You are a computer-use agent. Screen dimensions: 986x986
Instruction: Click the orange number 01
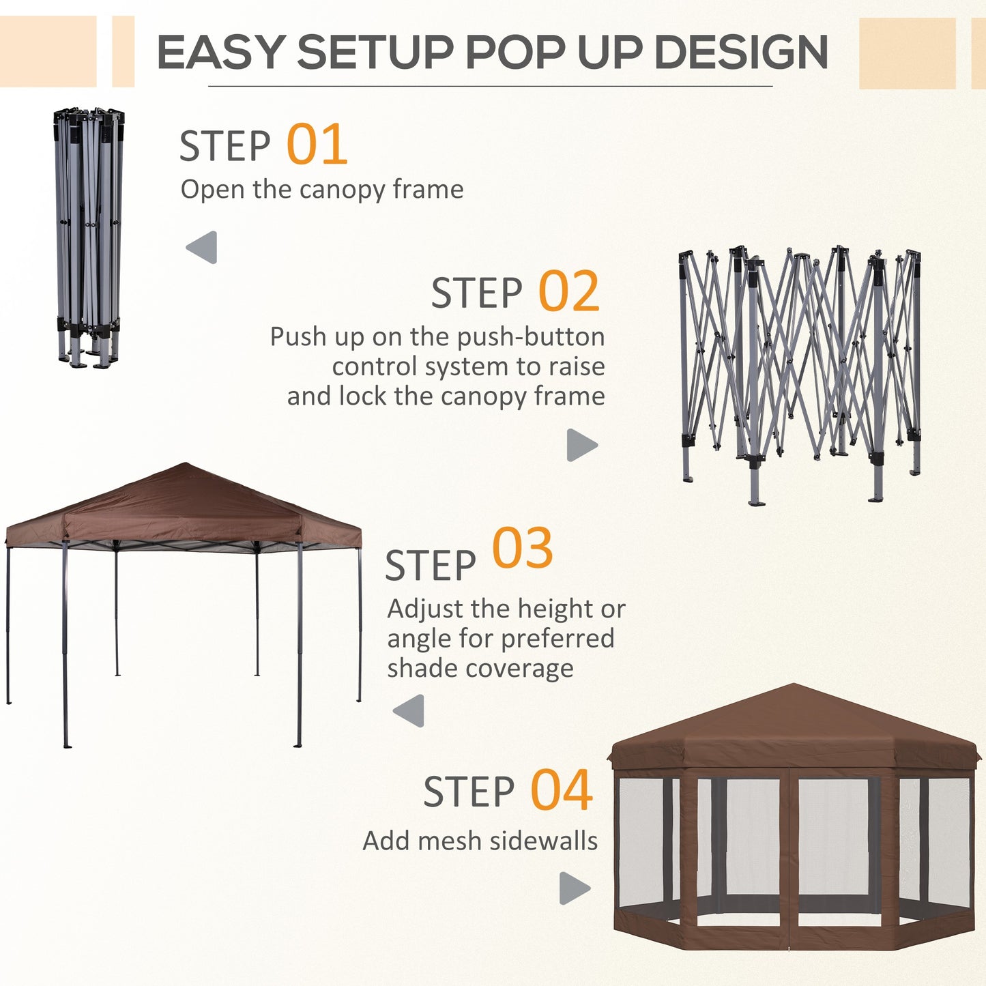click(x=317, y=145)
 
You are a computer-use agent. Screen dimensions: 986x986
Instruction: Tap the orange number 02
click(x=568, y=292)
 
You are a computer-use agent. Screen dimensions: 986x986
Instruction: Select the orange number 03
click(x=522, y=549)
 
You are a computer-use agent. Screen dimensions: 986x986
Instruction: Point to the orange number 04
click(x=561, y=790)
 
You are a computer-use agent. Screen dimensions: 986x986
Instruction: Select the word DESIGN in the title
click(x=740, y=53)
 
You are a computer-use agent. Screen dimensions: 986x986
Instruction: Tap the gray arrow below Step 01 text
click(x=203, y=247)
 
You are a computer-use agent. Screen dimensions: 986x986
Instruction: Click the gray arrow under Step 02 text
click(x=581, y=445)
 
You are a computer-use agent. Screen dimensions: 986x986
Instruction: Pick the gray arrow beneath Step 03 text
click(x=409, y=711)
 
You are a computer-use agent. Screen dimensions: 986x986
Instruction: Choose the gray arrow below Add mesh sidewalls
click(x=574, y=888)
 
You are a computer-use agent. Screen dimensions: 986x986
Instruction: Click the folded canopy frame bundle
click(x=89, y=235)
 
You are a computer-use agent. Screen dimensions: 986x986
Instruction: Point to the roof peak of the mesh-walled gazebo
click(x=794, y=686)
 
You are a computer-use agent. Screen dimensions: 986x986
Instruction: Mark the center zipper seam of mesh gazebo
click(x=789, y=860)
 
